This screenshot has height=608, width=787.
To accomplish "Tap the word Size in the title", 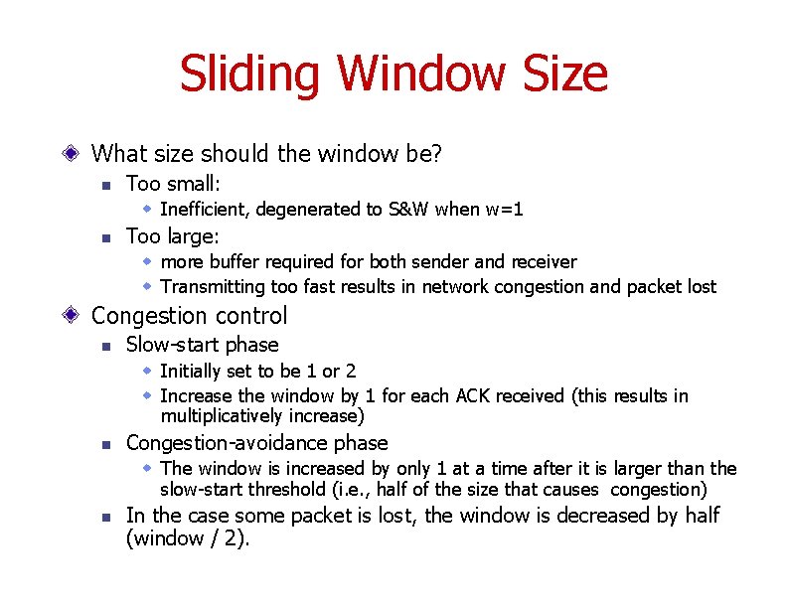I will (557, 75).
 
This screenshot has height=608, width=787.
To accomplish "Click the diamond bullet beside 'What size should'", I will (71, 154).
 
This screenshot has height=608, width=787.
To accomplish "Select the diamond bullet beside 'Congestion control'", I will (71, 316).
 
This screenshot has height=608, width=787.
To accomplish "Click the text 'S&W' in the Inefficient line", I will (409, 210).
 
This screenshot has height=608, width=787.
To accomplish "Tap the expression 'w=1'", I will (505, 210).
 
